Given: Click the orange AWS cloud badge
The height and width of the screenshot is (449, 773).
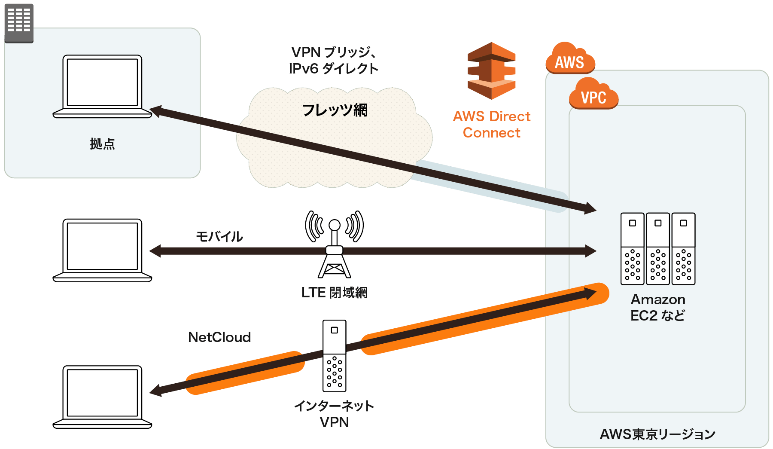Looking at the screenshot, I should click(570, 60).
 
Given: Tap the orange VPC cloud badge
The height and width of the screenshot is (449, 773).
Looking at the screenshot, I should click(593, 95).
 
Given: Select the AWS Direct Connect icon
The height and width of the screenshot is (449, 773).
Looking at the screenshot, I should click(492, 71).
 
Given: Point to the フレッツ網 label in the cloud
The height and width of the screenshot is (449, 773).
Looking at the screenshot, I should click(335, 110).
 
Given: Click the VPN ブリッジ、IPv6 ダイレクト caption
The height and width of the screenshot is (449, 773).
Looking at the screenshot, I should click(334, 61).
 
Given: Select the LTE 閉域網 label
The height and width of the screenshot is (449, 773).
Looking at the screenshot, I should click(334, 293).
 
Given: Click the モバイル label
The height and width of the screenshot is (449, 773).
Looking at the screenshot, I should click(219, 236).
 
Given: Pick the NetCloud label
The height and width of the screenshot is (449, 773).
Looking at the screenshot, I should click(219, 337).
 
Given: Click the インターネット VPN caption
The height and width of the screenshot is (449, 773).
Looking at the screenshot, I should click(334, 414).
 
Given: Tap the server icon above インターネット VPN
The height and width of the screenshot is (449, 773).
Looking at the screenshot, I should click(334, 356).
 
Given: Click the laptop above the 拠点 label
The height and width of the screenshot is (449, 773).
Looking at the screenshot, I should click(102, 86).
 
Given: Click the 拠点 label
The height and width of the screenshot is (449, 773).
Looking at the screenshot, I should click(102, 144).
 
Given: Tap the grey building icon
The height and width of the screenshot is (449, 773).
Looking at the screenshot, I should click(19, 22).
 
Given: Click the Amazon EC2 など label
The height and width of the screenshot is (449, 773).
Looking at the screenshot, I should click(657, 308).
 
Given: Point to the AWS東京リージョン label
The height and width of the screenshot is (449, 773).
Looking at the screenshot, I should click(657, 434).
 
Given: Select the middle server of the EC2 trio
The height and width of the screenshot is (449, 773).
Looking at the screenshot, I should click(657, 249).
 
